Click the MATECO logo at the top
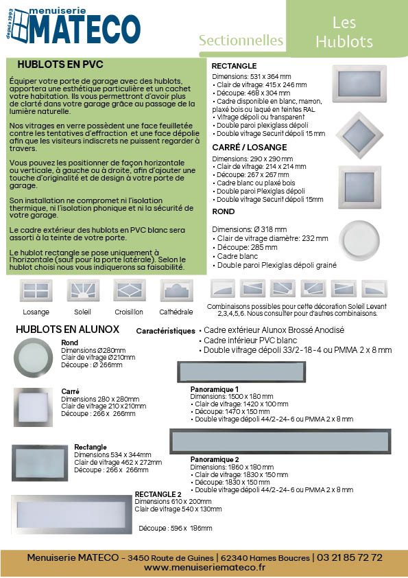(73, 26)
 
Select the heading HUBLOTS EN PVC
(60, 65)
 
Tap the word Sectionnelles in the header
(241, 41)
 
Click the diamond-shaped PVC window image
(359, 135)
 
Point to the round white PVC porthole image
(359, 240)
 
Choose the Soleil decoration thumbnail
(83, 290)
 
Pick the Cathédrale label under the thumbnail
(176, 312)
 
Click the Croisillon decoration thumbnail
(129, 290)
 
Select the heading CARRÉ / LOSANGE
(250, 148)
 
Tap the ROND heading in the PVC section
(223, 211)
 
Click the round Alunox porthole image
(33, 357)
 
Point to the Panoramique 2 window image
(280, 441)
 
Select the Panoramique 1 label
(215, 389)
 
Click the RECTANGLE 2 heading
(158, 494)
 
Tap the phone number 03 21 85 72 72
(350, 557)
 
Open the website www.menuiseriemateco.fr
(204, 567)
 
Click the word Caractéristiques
(165, 331)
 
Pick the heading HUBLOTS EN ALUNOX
(67, 330)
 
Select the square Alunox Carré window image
(33, 407)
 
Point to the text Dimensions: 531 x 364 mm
(252, 77)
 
